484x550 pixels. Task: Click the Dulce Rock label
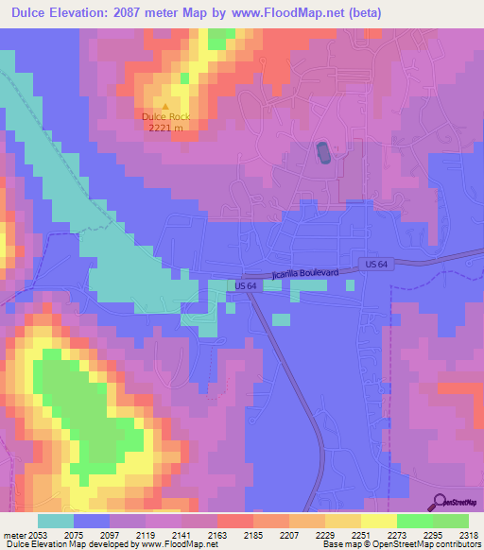point(166,116)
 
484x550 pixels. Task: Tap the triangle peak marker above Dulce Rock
point(166,106)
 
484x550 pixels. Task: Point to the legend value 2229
point(325,535)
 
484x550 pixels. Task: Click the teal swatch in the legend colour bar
point(56,521)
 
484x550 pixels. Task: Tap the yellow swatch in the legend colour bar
point(379,521)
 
